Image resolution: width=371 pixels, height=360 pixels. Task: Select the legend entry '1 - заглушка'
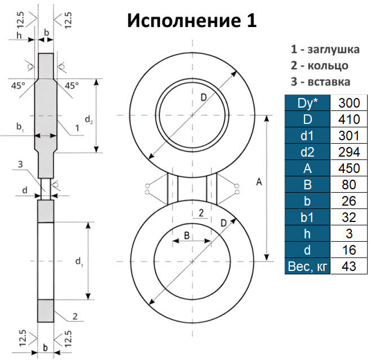pyautogui.click(x=320, y=48)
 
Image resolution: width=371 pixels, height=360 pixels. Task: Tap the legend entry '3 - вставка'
pyautogui.click(x=320, y=81)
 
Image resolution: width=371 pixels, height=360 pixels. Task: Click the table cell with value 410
pyautogui.click(x=348, y=119)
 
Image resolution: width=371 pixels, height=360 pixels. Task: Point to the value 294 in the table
pyautogui.click(x=348, y=152)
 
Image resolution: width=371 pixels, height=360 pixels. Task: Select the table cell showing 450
pyautogui.click(x=348, y=168)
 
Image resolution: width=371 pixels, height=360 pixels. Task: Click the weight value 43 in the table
pyautogui.click(x=348, y=266)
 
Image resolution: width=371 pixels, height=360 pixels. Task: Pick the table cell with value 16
pyautogui.click(x=348, y=250)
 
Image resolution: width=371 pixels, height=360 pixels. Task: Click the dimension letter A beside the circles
pyautogui.click(x=259, y=182)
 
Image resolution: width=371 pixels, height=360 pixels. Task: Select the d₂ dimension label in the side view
pyautogui.click(x=89, y=119)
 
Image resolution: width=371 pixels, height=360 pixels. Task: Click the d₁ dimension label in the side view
pyautogui.click(x=80, y=263)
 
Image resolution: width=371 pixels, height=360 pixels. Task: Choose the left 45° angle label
pyautogui.click(x=17, y=86)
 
